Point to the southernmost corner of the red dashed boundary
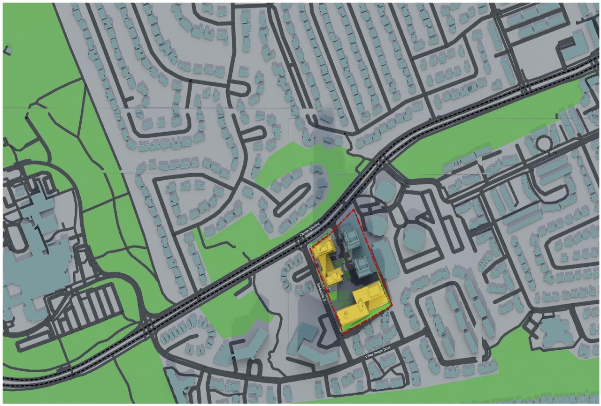click(342, 333)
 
